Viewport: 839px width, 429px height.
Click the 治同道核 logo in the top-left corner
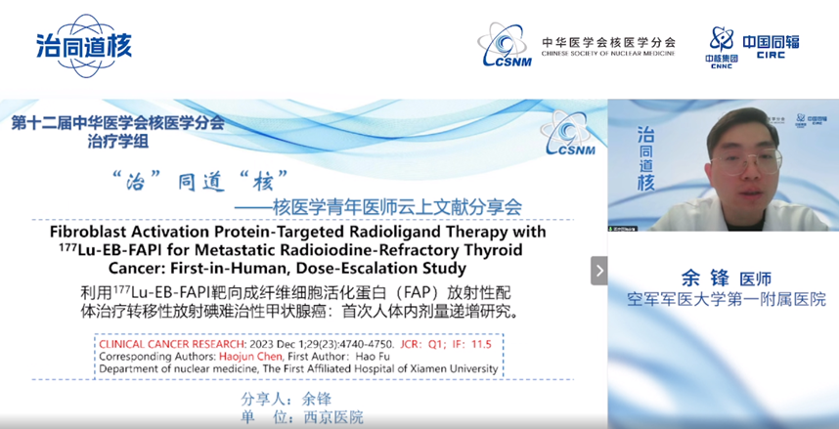coord(83,46)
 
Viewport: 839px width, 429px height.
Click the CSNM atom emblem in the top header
coord(506,45)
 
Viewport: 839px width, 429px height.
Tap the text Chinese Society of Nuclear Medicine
coord(608,54)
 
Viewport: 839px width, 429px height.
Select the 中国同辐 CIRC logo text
coord(772,46)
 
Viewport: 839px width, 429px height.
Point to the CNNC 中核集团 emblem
coord(722,48)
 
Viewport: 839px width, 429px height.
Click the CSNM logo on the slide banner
coord(568,133)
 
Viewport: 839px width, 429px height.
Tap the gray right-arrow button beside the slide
coord(598,271)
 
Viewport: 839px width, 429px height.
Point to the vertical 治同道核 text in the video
coord(645,159)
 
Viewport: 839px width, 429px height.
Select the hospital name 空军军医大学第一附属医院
coord(727,299)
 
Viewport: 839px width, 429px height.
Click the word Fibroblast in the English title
coord(81,233)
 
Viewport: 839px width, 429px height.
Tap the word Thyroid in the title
coord(497,250)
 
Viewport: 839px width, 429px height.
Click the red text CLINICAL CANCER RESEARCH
coord(171,344)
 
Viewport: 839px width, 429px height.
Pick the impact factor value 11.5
coord(480,344)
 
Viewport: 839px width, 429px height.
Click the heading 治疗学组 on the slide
coord(117,143)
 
